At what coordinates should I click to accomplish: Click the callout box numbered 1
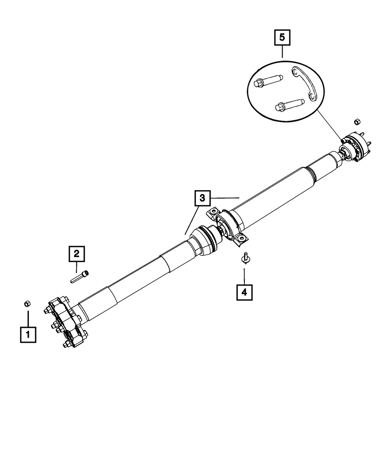(28, 335)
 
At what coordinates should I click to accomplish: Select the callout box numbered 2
(77, 254)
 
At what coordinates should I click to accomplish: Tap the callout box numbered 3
(202, 198)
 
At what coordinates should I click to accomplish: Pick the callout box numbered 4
(244, 292)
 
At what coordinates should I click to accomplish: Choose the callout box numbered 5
(282, 38)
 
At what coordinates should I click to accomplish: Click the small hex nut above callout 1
(27, 303)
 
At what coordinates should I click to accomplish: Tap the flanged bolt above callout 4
(245, 258)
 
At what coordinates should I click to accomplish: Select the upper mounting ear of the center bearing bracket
(212, 212)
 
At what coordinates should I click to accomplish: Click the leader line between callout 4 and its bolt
(244, 276)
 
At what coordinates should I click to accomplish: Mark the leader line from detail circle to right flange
(329, 125)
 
